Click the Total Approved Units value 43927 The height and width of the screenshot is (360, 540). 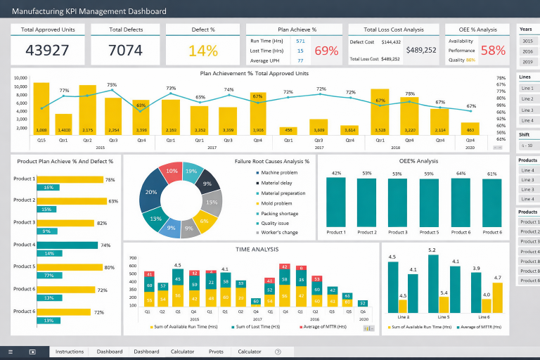48,51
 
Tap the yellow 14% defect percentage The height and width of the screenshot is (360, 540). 203,51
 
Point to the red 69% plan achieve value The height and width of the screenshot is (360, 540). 326,51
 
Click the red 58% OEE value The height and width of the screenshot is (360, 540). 493,51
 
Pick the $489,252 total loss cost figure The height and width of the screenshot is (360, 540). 421,50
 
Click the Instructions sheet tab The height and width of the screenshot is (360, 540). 70,352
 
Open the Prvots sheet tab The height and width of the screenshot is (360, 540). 216,352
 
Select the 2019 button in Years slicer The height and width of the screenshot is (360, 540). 527,62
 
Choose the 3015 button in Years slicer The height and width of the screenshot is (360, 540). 527,41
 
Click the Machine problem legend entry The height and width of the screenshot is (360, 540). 279,173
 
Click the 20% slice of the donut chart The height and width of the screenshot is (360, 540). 150,192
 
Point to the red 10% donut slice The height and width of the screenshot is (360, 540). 172,171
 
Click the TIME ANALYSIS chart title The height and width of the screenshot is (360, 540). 252,249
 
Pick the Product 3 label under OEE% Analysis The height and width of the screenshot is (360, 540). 397,232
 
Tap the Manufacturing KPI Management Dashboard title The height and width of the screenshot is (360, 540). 89,11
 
